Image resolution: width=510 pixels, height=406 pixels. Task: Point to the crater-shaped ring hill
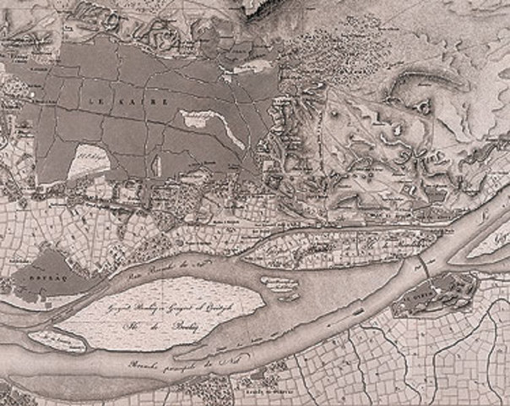tap(419, 107)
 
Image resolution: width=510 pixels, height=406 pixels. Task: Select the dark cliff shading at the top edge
tap(262, 8)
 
